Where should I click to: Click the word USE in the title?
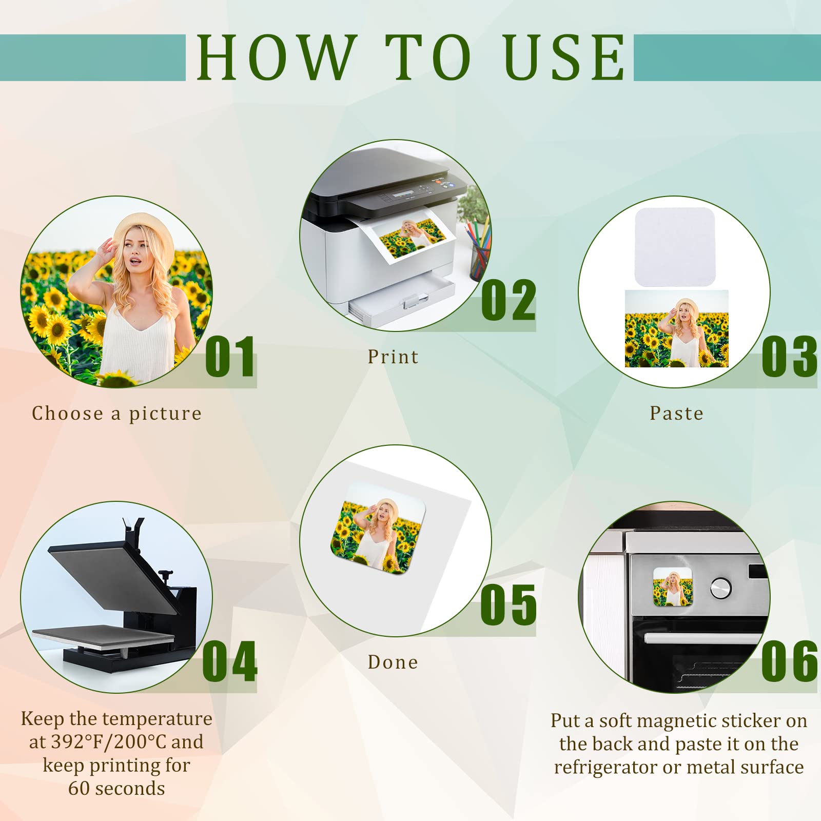click(x=564, y=57)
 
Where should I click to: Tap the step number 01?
click(x=230, y=357)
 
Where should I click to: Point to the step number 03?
click(x=789, y=357)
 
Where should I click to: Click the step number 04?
click(x=230, y=661)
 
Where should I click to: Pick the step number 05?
click(x=509, y=605)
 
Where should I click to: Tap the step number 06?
click(x=789, y=661)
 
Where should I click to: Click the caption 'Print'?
click(x=393, y=357)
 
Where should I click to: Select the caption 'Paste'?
click(x=676, y=413)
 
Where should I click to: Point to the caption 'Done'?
click(x=393, y=662)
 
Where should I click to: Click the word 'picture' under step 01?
click(x=165, y=414)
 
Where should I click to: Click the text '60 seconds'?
click(x=116, y=788)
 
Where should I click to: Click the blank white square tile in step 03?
click(x=675, y=247)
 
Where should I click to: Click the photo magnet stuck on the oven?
click(x=673, y=587)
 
